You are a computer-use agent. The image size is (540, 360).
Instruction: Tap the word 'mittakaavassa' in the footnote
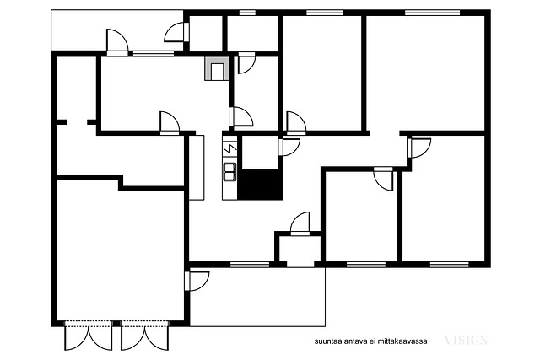pos(402,341)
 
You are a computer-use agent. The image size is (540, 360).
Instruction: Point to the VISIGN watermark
pos(467,341)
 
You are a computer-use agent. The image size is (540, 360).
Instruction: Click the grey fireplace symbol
pos(217,69)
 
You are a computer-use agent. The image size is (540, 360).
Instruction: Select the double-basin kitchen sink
pos(229,172)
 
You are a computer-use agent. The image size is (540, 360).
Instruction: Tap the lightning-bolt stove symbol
pos(229,148)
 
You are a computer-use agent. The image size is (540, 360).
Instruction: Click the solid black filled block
pos(260,185)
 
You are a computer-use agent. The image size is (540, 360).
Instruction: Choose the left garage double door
pos(89,336)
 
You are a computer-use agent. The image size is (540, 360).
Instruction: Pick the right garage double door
pos(144,336)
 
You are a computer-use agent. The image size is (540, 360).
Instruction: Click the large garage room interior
pos(121,255)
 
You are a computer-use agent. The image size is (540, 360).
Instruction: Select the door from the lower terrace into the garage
pos(197,282)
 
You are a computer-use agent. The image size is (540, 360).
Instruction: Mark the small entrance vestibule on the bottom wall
pos(300,250)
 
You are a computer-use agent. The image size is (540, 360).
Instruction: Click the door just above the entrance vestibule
pos(300,223)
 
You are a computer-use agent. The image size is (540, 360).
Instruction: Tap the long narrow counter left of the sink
pos(197,168)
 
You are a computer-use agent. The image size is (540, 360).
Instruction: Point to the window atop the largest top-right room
pos(432,13)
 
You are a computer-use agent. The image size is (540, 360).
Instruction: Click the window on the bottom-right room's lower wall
pos(449,265)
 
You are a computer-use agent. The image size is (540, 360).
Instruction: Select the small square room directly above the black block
pos(260,152)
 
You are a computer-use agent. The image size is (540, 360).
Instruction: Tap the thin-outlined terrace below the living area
pos(257,297)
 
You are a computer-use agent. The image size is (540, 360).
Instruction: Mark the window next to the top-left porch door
pos(154,54)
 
